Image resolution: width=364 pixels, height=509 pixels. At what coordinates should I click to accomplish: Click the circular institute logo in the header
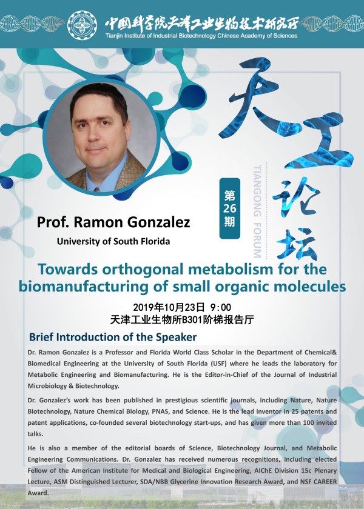[x=83, y=25]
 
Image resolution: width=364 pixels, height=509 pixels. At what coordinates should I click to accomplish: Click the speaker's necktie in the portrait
[x=96, y=189]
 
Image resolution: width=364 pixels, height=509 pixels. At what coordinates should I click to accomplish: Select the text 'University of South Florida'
[x=113, y=242]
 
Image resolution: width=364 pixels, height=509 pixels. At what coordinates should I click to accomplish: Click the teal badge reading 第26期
[x=229, y=208]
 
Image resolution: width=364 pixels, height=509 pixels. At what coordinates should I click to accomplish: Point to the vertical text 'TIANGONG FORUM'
[x=257, y=211]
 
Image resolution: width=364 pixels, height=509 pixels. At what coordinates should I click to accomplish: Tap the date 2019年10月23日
[x=169, y=307]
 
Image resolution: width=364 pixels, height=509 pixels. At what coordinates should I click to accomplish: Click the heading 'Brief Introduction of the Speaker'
[x=113, y=337]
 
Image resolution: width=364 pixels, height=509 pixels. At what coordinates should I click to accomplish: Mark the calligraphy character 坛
[x=297, y=244]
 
